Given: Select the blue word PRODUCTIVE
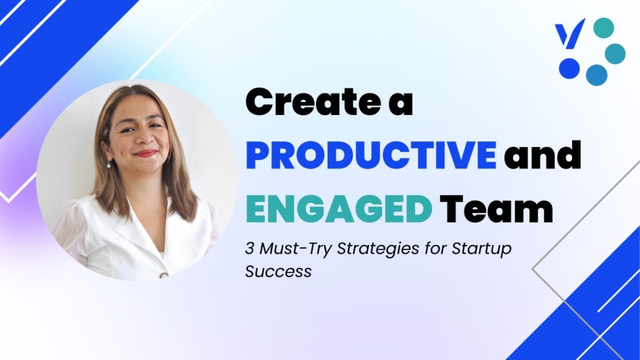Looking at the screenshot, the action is (x=371, y=155).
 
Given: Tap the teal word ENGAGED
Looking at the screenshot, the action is (x=339, y=208).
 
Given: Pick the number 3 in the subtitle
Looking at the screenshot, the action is (x=249, y=248).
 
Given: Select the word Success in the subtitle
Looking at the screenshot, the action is (x=278, y=271).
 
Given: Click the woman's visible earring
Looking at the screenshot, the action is (x=109, y=164).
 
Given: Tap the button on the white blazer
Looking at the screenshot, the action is (x=164, y=275).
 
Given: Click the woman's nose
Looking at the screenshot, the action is (x=144, y=137).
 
